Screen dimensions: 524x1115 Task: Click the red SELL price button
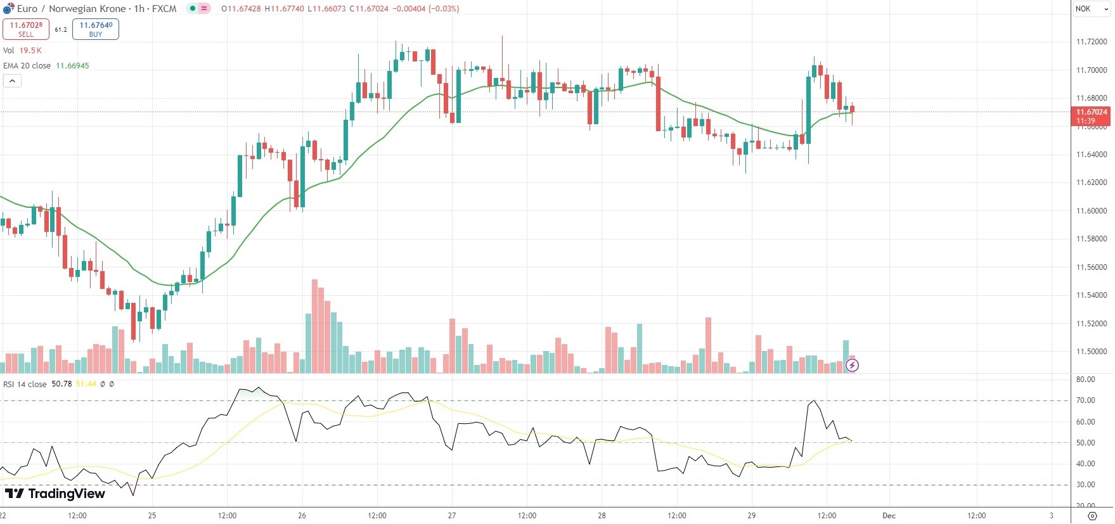[x=26, y=29]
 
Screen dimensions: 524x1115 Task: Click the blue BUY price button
[x=96, y=29]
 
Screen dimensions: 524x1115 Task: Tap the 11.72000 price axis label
[x=1091, y=42]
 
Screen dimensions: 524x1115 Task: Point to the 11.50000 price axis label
[x=1091, y=352]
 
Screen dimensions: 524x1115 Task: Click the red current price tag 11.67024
[x=1091, y=113]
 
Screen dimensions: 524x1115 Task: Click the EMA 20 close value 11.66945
[x=72, y=66]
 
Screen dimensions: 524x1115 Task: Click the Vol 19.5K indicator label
[x=22, y=51]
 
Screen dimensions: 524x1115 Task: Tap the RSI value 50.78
[x=61, y=384]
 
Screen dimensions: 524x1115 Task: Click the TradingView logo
[x=55, y=494]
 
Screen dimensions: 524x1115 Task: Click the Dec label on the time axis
[x=889, y=516]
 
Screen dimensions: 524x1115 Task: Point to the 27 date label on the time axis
[x=452, y=516]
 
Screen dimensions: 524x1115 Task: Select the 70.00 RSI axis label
[x=1085, y=400]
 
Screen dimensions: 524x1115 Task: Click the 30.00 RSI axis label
[x=1085, y=485]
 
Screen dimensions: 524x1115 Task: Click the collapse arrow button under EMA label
[x=12, y=81]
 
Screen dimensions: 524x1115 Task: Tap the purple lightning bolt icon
[x=853, y=366]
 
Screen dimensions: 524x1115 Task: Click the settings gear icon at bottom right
[x=1092, y=516]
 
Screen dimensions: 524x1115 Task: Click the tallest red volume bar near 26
[x=314, y=326]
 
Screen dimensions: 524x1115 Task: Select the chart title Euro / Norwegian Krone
[x=71, y=9]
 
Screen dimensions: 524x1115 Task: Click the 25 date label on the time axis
[x=152, y=516]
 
